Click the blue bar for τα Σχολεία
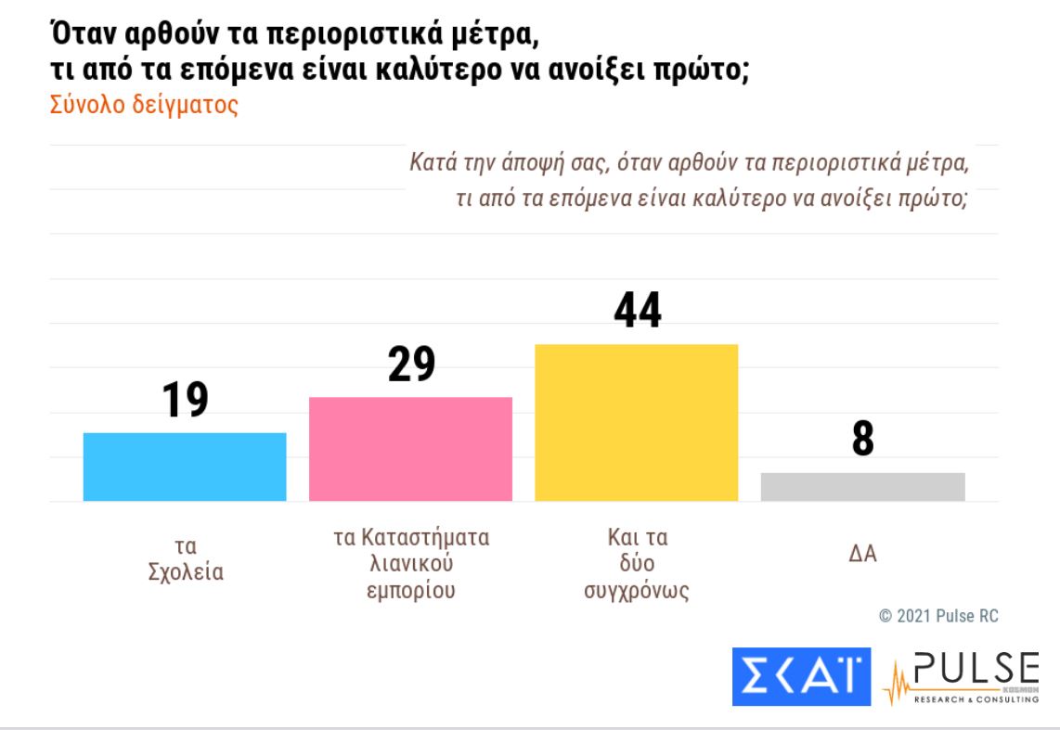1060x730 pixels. point(185,467)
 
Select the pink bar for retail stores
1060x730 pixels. point(410,449)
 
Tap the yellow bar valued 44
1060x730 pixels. point(637,422)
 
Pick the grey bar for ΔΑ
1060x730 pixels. point(862,486)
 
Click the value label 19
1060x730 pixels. point(185,400)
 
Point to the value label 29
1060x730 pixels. point(410,365)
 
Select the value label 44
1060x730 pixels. point(637,310)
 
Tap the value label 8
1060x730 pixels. point(863,440)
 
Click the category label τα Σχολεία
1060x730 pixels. point(186,558)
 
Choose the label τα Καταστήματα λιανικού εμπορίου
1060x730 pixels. point(410,564)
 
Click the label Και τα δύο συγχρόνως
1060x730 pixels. point(637,564)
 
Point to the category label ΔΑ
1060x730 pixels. point(863,556)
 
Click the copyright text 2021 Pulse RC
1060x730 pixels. point(938,616)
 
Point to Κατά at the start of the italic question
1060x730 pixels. point(432,166)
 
